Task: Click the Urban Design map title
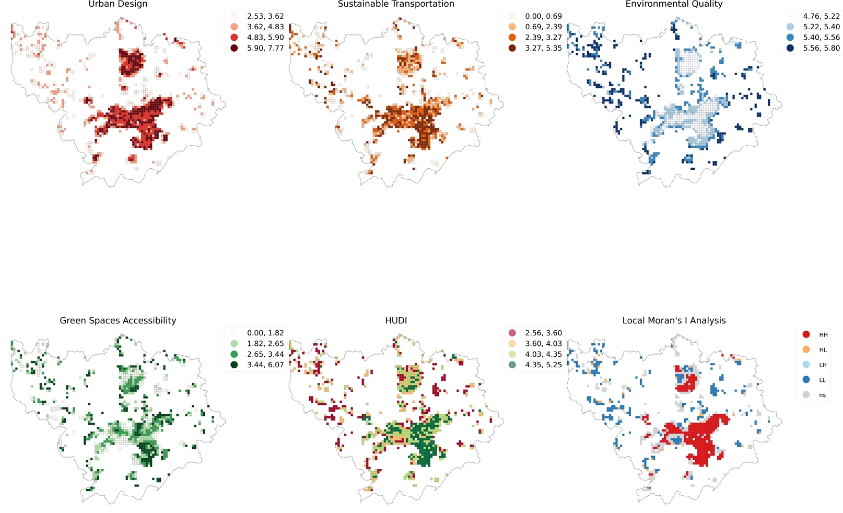point(118,4)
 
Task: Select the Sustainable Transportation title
point(396,4)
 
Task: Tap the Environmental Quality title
point(674,4)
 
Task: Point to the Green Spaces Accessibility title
point(118,321)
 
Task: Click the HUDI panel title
point(396,321)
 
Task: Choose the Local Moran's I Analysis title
point(674,321)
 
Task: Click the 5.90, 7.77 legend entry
point(265,48)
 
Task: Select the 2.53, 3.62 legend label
point(265,16)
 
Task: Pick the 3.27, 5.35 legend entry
point(543,48)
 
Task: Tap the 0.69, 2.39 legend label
point(543,27)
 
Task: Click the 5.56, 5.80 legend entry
point(821,48)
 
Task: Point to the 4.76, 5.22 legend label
point(821,16)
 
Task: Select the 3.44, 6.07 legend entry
point(265,365)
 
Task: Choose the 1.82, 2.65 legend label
point(265,344)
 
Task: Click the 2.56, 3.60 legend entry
point(543,333)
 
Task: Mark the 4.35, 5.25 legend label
point(543,365)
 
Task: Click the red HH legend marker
point(806,334)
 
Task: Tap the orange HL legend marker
point(806,349)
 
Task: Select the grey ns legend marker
point(806,395)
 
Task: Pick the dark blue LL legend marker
point(806,380)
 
